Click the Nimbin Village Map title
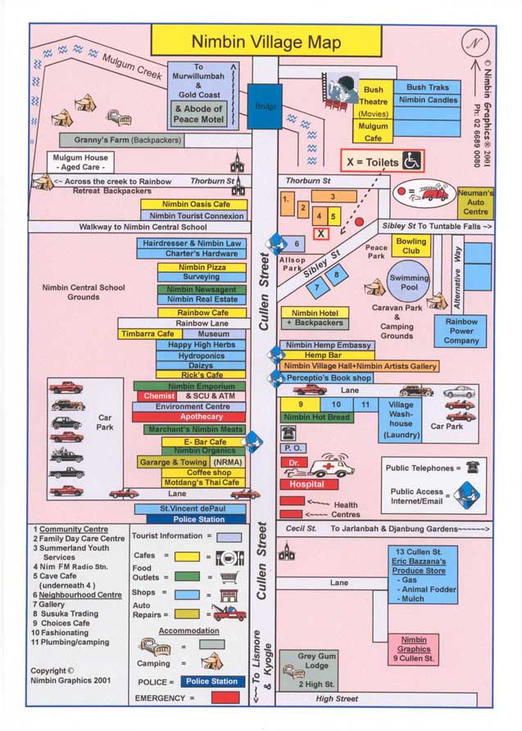click(x=266, y=41)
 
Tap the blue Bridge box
click(x=265, y=106)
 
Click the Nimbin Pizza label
click(x=202, y=267)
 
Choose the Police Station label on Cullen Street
click(x=200, y=520)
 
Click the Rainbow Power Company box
click(x=462, y=332)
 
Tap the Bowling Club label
click(x=411, y=246)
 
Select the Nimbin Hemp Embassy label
click(x=328, y=345)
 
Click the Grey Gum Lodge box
click(x=315, y=669)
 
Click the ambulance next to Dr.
click(x=331, y=467)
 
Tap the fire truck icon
click(x=433, y=193)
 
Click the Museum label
click(x=214, y=334)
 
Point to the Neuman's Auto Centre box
click(x=476, y=201)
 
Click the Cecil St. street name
click(x=301, y=530)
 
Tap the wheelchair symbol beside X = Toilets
click(x=413, y=161)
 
